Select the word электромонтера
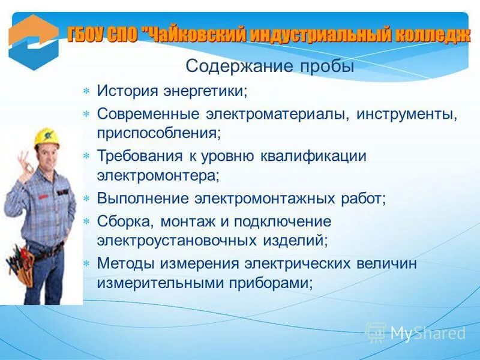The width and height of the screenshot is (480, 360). tap(157, 175)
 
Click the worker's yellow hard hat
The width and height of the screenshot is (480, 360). tap(46, 137)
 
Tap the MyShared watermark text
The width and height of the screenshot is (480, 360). tap(427, 333)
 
